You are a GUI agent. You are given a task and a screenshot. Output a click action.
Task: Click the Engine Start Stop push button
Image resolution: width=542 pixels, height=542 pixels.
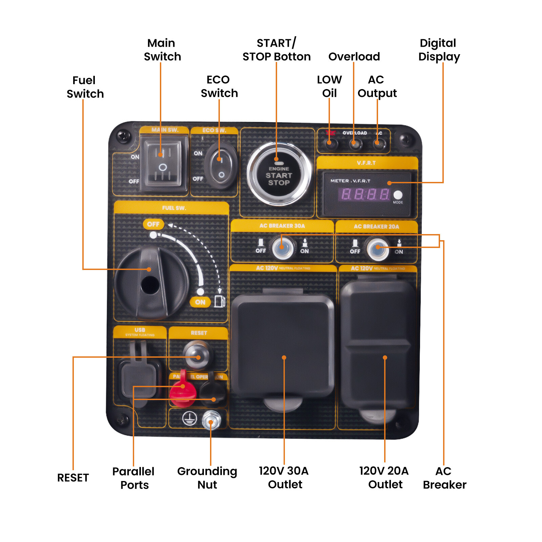point(279,174)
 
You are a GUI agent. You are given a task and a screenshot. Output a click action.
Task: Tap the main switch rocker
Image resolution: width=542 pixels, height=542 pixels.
point(163,164)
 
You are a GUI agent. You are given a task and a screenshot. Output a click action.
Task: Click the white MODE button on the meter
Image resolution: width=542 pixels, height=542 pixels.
point(398,195)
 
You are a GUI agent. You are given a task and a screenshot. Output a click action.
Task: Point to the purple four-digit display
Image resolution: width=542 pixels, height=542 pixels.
point(365,194)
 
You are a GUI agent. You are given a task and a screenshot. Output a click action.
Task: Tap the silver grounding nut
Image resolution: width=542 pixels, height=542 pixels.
point(211,420)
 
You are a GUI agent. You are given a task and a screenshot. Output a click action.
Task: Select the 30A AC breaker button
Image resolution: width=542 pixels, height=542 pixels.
point(282,247)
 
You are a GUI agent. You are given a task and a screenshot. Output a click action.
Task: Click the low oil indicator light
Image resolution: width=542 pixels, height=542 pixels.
point(329,143)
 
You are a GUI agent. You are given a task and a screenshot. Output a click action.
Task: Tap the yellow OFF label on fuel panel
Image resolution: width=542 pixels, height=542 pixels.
point(153,224)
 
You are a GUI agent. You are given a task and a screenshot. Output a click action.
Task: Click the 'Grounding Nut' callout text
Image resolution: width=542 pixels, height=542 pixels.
point(207,478)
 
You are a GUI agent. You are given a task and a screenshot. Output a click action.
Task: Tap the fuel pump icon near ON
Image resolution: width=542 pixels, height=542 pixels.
point(219,301)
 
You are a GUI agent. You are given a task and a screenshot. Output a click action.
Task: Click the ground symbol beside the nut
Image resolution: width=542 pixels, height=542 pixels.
point(189,419)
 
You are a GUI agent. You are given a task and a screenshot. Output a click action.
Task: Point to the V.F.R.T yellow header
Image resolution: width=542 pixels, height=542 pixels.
point(367,163)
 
